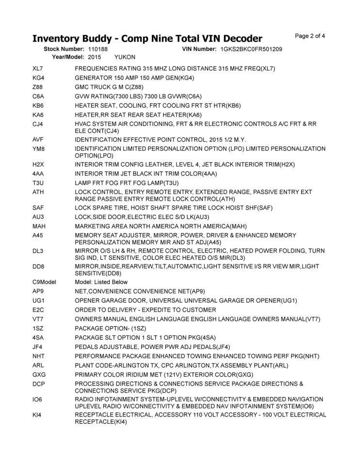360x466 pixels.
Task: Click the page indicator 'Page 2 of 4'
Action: pos(310,36)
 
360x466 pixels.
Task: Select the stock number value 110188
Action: pos(98,50)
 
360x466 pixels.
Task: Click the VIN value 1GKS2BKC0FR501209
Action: pos(251,50)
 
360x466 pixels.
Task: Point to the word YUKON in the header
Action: pos(125,57)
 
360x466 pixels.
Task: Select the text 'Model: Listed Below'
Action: pos(101,282)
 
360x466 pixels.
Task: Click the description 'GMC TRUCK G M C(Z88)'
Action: pos(109,87)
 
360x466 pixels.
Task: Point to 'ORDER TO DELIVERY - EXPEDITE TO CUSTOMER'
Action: pos(146,310)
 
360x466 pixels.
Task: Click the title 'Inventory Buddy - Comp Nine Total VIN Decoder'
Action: pos(147,38)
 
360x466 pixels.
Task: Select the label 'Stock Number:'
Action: pos(64,50)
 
